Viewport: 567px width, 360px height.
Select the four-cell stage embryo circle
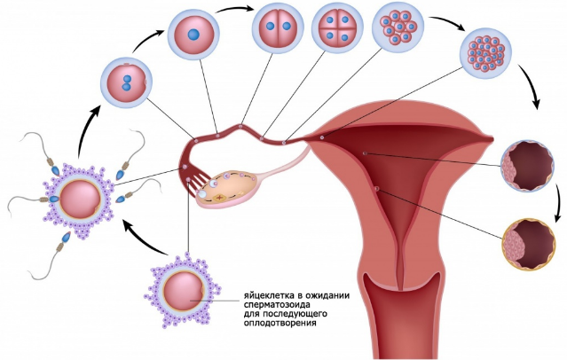click(337, 27)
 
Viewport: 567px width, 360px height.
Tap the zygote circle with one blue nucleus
click(193, 35)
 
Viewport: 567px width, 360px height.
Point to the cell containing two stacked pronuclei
click(126, 82)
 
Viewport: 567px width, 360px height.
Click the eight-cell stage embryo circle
click(398, 27)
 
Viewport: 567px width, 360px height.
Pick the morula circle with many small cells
click(485, 54)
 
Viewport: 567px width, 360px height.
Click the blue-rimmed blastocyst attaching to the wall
click(528, 166)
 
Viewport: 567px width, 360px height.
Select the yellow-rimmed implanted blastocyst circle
click(529, 244)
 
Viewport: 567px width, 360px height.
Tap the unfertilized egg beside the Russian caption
click(184, 290)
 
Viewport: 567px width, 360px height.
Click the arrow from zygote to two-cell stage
click(235, 8)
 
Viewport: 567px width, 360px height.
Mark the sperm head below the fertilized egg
click(67, 238)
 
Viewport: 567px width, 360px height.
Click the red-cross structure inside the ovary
click(219, 198)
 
